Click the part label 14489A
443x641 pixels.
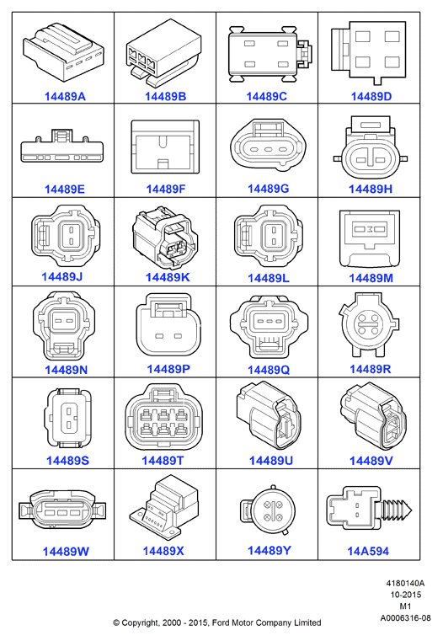[x=65, y=97]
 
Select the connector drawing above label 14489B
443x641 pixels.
[x=163, y=53]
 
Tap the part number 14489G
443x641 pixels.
[x=268, y=189]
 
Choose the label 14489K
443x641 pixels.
[x=168, y=277]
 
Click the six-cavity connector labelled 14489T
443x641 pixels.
[x=163, y=418]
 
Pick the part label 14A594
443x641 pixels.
[x=368, y=551]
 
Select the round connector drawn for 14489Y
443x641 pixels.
[x=267, y=510]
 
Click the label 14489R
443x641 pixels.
[x=371, y=369]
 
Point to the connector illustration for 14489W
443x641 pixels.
[x=62, y=510]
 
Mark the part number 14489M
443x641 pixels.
[x=371, y=278]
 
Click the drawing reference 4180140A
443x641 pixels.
[x=405, y=584]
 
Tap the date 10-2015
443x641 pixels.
[x=405, y=595]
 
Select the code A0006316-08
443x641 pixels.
[x=405, y=617]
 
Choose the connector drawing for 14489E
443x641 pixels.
[x=62, y=146]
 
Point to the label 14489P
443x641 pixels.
[x=168, y=369]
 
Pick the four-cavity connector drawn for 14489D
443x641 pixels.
[x=369, y=52]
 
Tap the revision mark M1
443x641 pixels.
[x=405, y=606]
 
